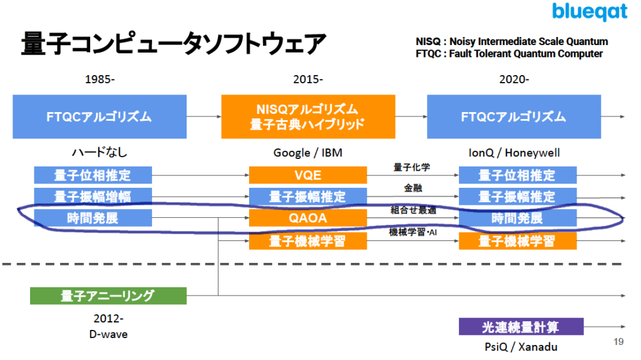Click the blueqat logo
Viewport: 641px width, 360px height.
(x=589, y=13)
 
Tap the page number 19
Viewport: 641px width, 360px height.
(x=618, y=342)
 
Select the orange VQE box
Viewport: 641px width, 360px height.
(x=307, y=175)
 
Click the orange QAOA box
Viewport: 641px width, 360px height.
(x=307, y=219)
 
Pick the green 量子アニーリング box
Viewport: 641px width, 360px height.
(x=108, y=296)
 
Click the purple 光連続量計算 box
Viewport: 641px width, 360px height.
(x=521, y=327)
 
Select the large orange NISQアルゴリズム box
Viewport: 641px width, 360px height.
(x=307, y=116)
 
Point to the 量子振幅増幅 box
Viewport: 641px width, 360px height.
(x=93, y=197)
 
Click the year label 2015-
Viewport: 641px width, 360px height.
(x=308, y=80)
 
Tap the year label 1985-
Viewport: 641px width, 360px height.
(x=100, y=80)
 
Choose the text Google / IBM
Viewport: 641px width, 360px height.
(x=308, y=153)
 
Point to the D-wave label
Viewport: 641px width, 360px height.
(x=108, y=334)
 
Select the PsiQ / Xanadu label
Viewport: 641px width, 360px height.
(x=521, y=347)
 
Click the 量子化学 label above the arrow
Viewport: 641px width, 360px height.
(x=411, y=167)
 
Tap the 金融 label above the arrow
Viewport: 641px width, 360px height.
(x=411, y=188)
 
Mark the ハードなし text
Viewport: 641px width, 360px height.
(x=100, y=153)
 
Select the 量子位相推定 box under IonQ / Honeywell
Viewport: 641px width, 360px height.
(x=517, y=175)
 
